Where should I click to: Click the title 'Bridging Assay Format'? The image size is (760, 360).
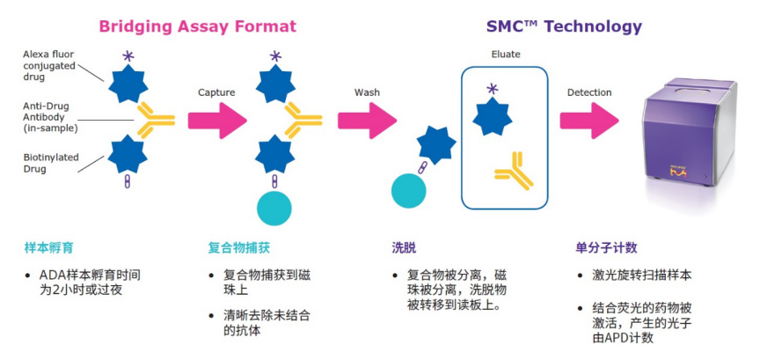point(197,26)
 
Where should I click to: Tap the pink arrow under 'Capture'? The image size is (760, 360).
point(217,120)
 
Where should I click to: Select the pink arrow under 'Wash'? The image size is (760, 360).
point(367,120)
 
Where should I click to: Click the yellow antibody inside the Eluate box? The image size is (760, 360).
point(514,171)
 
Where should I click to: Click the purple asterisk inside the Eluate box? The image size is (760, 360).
point(492,88)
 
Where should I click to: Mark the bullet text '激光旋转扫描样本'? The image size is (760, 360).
point(647,276)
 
